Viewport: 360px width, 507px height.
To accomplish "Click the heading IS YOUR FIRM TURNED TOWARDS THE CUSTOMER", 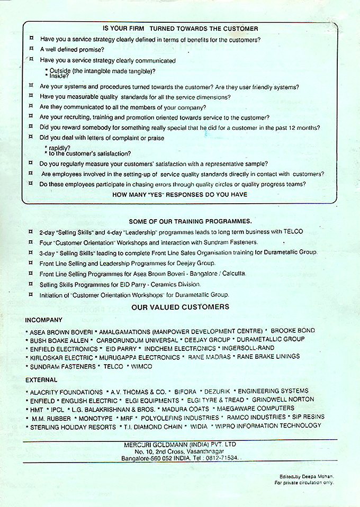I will [181, 29].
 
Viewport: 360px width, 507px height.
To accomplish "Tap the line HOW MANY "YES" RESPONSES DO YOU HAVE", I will [180, 194].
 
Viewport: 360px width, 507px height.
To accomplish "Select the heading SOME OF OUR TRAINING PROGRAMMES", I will [190, 221].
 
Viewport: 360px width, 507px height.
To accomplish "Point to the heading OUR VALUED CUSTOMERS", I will [180, 307].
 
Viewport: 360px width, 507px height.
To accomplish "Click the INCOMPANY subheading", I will [43, 320].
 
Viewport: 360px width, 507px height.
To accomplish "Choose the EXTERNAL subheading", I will [41, 380].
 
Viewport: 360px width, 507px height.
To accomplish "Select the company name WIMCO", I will [141, 367].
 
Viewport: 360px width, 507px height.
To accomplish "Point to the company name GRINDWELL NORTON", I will [283, 400].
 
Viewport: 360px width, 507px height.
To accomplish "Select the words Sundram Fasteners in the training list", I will [231, 242].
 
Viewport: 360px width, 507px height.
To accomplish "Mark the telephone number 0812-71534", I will [222, 458].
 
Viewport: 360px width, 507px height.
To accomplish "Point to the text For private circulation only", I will [304, 483].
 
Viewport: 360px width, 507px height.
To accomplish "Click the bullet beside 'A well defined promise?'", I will [31, 49].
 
